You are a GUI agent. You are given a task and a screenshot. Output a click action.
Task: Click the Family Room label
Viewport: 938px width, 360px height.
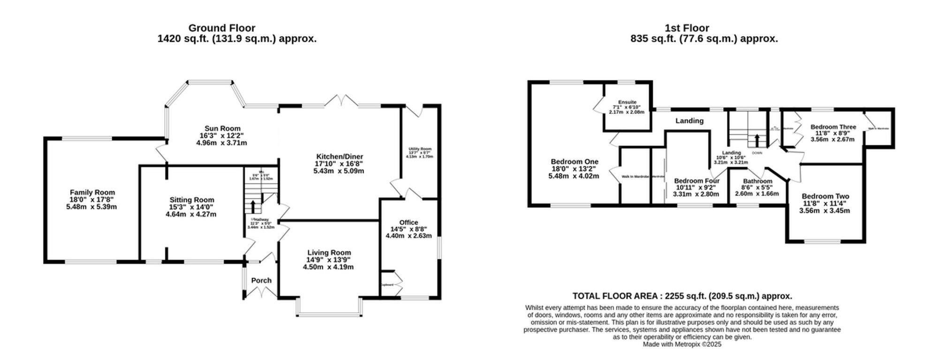pos(92,192)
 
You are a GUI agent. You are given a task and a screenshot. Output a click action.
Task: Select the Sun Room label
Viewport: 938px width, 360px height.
pos(222,128)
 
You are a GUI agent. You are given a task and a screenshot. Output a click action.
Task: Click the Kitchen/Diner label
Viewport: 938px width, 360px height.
pos(340,157)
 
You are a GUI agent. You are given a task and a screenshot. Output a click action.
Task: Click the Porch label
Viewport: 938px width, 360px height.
pos(261,280)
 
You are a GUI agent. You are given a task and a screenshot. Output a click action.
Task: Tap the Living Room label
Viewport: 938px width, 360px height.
pos(329,253)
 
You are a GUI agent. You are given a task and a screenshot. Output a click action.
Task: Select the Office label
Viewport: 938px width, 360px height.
pos(408,222)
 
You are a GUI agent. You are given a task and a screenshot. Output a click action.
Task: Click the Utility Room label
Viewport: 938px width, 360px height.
pos(420,149)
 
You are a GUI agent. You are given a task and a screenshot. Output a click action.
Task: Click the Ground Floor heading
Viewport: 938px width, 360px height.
pos(222,28)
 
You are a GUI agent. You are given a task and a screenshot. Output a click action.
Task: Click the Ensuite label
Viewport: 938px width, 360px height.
pos(627,102)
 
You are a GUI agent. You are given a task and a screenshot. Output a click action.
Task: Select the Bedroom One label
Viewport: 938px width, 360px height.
pos(575,162)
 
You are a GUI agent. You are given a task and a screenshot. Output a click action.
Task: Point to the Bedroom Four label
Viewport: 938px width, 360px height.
pos(696,181)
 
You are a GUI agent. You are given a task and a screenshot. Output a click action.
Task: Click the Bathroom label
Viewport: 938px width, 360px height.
pos(757,181)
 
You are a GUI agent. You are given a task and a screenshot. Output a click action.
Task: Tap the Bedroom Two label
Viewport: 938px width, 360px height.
pos(825,196)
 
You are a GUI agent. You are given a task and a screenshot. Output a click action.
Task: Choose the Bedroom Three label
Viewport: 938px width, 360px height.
pos(833,127)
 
